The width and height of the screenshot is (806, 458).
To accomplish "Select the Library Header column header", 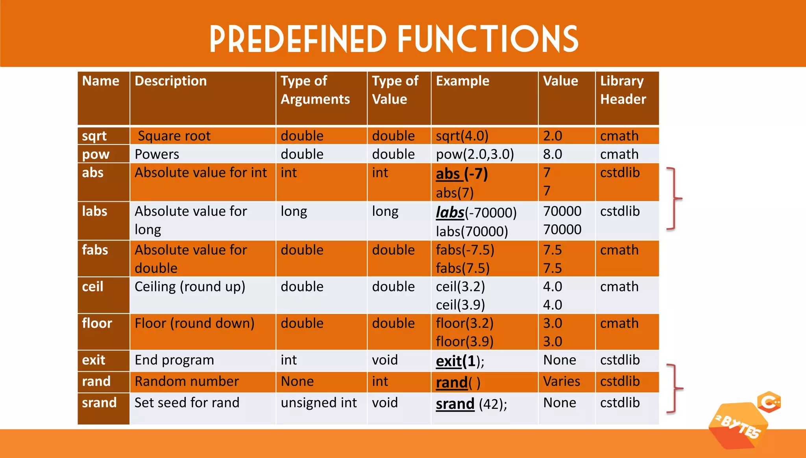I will point(623,90).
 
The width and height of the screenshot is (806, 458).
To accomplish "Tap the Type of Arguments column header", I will point(315,90).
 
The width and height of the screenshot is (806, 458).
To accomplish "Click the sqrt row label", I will point(94,136).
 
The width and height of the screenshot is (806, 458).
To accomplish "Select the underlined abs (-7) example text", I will point(462,174).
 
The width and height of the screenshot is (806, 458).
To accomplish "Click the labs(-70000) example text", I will point(476,213).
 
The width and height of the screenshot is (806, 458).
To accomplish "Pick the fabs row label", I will point(95,250).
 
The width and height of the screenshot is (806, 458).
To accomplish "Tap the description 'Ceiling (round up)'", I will point(190,287).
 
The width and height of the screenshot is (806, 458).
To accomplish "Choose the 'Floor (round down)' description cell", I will point(194,323).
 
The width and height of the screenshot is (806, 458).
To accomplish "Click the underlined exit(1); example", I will point(460,361).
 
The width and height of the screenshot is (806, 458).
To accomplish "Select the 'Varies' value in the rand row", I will point(561,381).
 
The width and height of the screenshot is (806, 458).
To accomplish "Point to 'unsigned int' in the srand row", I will point(318,403).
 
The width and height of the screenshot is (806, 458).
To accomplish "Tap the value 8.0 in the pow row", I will point(553,154).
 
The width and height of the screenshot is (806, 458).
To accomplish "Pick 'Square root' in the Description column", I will point(174,136).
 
